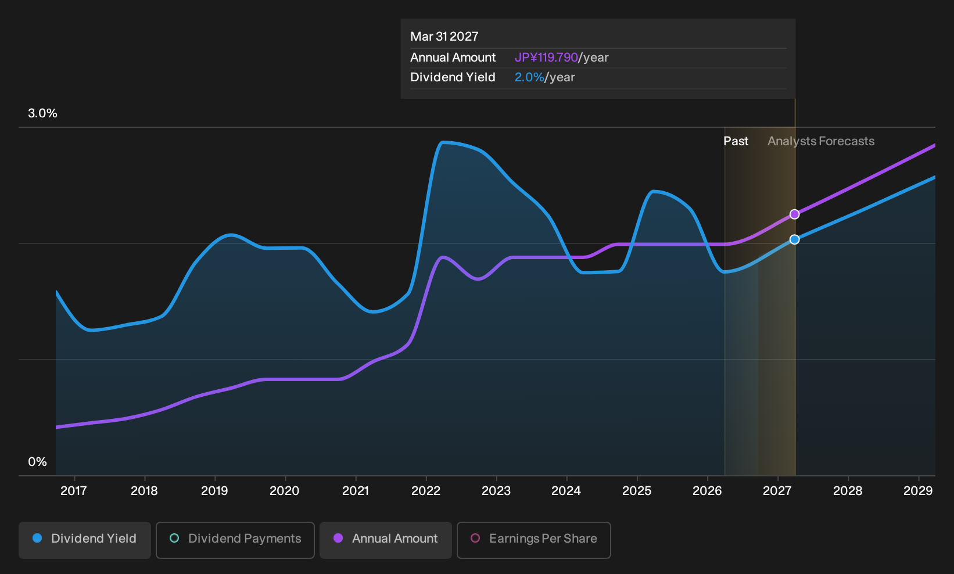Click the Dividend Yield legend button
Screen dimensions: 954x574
click(84, 540)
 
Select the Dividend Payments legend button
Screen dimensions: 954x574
click(235, 540)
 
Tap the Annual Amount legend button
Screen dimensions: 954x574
click(385, 540)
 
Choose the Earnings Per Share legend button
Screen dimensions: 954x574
click(533, 540)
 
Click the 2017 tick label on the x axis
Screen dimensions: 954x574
click(74, 491)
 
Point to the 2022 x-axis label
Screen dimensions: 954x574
click(426, 491)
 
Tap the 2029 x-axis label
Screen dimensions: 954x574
click(918, 491)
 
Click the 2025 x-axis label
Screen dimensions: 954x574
click(637, 491)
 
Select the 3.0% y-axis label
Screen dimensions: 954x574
click(42, 113)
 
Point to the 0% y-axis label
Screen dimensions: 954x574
click(38, 462)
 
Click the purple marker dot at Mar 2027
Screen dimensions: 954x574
click(794, 214)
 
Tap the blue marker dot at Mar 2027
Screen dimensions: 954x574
click(794, 240)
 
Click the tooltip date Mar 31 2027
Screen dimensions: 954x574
click(444, 37)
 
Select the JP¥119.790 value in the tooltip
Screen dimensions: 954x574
click(546, 58)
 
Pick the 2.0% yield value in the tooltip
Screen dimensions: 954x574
click(529, 77)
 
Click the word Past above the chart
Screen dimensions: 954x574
click(736, 141)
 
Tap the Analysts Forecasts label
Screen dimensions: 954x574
click(821, 141)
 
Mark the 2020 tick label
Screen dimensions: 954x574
click(285, 491)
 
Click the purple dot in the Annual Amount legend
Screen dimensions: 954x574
click(338, 538)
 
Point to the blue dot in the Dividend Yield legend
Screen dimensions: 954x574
click(38, 538)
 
